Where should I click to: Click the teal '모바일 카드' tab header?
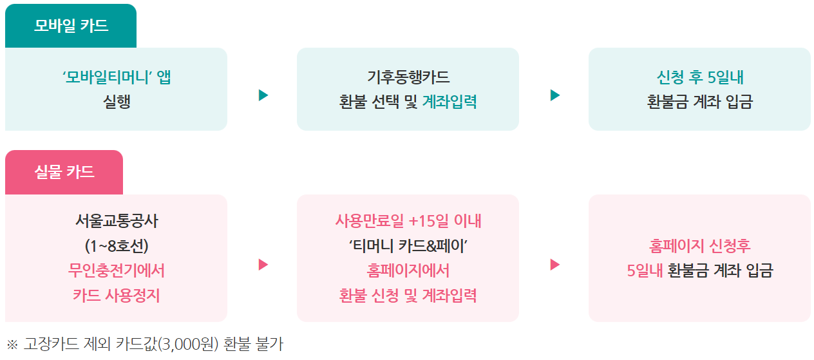71,26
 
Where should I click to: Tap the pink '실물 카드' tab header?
64,172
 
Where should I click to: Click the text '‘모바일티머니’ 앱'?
117,78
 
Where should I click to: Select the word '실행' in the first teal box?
117,102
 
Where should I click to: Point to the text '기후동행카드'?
408,78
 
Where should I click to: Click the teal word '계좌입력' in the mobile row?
450,102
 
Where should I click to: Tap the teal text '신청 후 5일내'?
700,78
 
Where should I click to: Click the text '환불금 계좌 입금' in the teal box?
700,102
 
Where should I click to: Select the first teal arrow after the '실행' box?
263,95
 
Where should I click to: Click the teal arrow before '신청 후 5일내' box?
555,95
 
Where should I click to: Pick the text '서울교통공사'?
117,222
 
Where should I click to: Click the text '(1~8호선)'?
117,246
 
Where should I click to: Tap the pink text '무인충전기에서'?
117,270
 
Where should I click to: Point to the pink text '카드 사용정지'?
117,295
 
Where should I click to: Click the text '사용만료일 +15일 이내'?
408,222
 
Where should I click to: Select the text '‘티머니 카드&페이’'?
408,246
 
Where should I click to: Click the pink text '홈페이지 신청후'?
700,246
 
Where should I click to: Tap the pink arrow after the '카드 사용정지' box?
263,265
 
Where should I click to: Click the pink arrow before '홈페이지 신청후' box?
555,265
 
